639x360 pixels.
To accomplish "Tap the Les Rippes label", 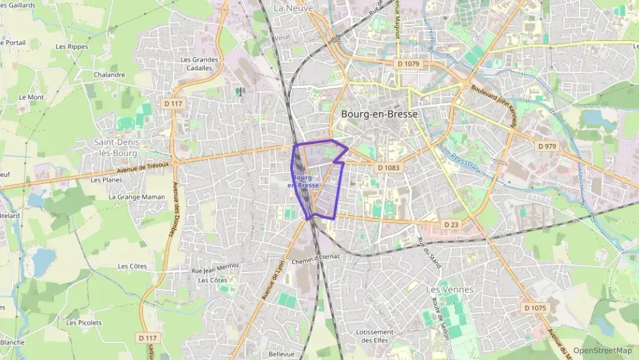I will (71, 47).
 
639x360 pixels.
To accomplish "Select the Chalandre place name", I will (109, 74).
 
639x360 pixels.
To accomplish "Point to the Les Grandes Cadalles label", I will (199, 64).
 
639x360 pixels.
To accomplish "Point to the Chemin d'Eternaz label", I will (315, 258).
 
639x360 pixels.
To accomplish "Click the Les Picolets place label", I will (84, 322).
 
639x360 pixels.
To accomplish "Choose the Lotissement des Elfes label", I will (375, 336).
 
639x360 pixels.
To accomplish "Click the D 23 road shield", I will (452, 224).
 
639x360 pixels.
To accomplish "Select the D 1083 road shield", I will (387, 167).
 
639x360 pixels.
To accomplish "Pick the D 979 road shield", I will (548, 146).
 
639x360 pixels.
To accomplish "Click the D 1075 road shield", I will (536, 308).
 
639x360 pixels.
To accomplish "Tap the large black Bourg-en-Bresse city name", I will (378, 115).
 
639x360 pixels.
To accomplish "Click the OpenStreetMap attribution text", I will (602, 350).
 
